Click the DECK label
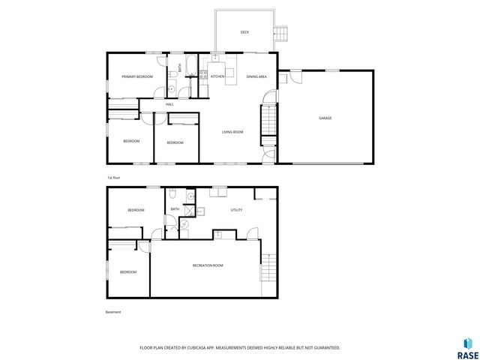pos(244,32)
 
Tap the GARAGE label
pos(325,118)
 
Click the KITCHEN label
pos(217,77)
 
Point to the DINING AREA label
pos(256,77)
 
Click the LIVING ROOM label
pos(232,133)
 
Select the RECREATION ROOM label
pos(208,265)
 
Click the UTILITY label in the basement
pos(235,210)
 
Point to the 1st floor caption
pos(114,177)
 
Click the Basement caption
pos(113,312)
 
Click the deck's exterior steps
pos(281,34)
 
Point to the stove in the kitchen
pos(202,73)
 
